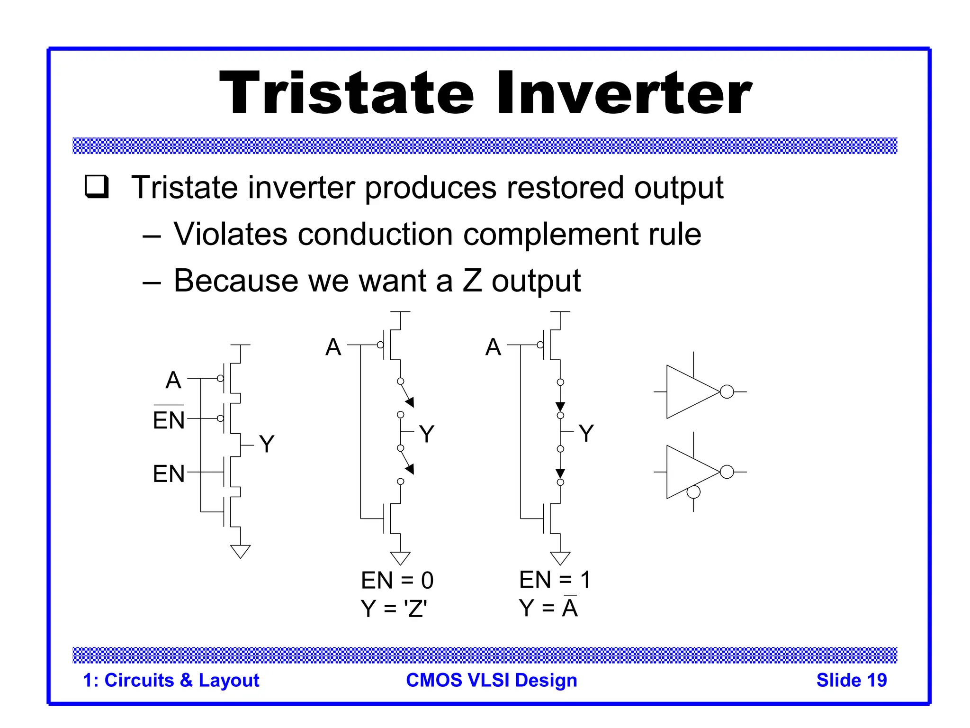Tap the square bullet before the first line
point(97,186)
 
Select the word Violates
point(230,234)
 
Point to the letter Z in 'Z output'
point(472,281)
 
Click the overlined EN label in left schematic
point(169,419)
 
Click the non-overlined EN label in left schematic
point(169,473)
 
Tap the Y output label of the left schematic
point(267,444)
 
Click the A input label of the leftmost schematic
point(173,380)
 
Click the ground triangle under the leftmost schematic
point(240,551)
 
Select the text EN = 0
point(397,580)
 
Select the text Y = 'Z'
point(394,609)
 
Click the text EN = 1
point(555,580)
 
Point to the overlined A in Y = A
point(570,608)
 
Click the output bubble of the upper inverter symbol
point(727,392)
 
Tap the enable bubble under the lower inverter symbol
point(693,492)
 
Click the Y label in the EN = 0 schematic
point(426,434)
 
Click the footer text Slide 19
point(851,680)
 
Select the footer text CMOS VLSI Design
point(492,680)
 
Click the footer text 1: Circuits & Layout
point(171,680)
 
